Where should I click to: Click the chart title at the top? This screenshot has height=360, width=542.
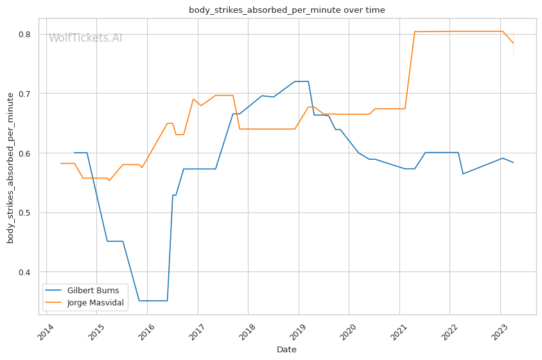click(x=286, y=10)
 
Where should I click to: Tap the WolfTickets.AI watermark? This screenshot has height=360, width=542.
click(x=85, y=38)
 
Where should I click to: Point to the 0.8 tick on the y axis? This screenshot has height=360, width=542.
click(x=28, y=34)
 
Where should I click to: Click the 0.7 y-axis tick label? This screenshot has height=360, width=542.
click(x=28, y=94)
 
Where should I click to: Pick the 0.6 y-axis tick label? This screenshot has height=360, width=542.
click(x=28, y=153)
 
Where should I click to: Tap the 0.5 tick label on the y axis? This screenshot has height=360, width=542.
click(x=28, y=212)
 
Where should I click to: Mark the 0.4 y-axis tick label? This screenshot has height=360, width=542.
click(x=28, y=272)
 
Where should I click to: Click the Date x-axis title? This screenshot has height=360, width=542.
click(x=286, y=350)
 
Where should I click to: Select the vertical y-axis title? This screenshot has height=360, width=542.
click(x=10, y=167)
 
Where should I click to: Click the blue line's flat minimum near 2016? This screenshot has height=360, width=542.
click(x=153, y=300)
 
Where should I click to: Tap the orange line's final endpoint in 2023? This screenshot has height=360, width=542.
click(x=513, y=43)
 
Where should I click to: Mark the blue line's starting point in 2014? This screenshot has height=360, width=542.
click(x=74, y=153)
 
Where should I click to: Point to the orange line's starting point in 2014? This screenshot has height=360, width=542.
click(x=61, y=163)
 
